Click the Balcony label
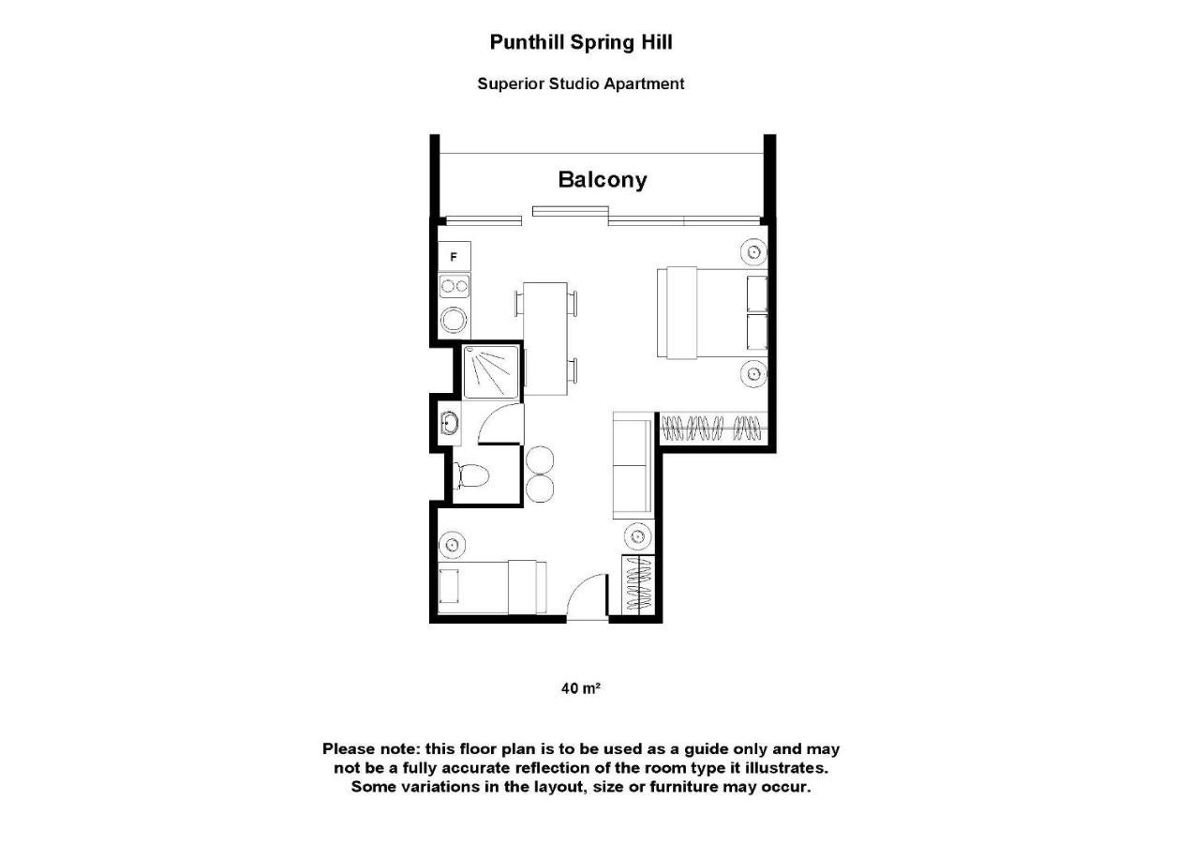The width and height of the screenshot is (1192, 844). (x=602, y=179)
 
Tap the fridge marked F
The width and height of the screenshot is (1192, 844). (x=454, y=256)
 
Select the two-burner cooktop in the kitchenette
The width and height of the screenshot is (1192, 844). (x=454, y=286)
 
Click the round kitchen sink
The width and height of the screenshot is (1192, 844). (x=454, y=320)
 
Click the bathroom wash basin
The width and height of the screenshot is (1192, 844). (x=449, y=424)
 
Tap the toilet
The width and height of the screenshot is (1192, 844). (x=470, y=476)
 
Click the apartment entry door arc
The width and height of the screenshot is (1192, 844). (x=588, y=595)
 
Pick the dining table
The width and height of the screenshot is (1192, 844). (x=545, y=338)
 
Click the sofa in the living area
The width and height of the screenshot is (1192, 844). (x=633, y=466)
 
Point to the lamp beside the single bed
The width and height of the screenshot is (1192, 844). (x=453, y=544)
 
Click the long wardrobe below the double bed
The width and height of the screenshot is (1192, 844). (x=713, y=430)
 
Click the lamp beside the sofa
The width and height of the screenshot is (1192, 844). (x=637, y=536)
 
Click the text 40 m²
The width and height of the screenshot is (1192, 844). (x=580, y=688)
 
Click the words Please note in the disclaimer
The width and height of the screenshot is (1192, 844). (x=371, y=749)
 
